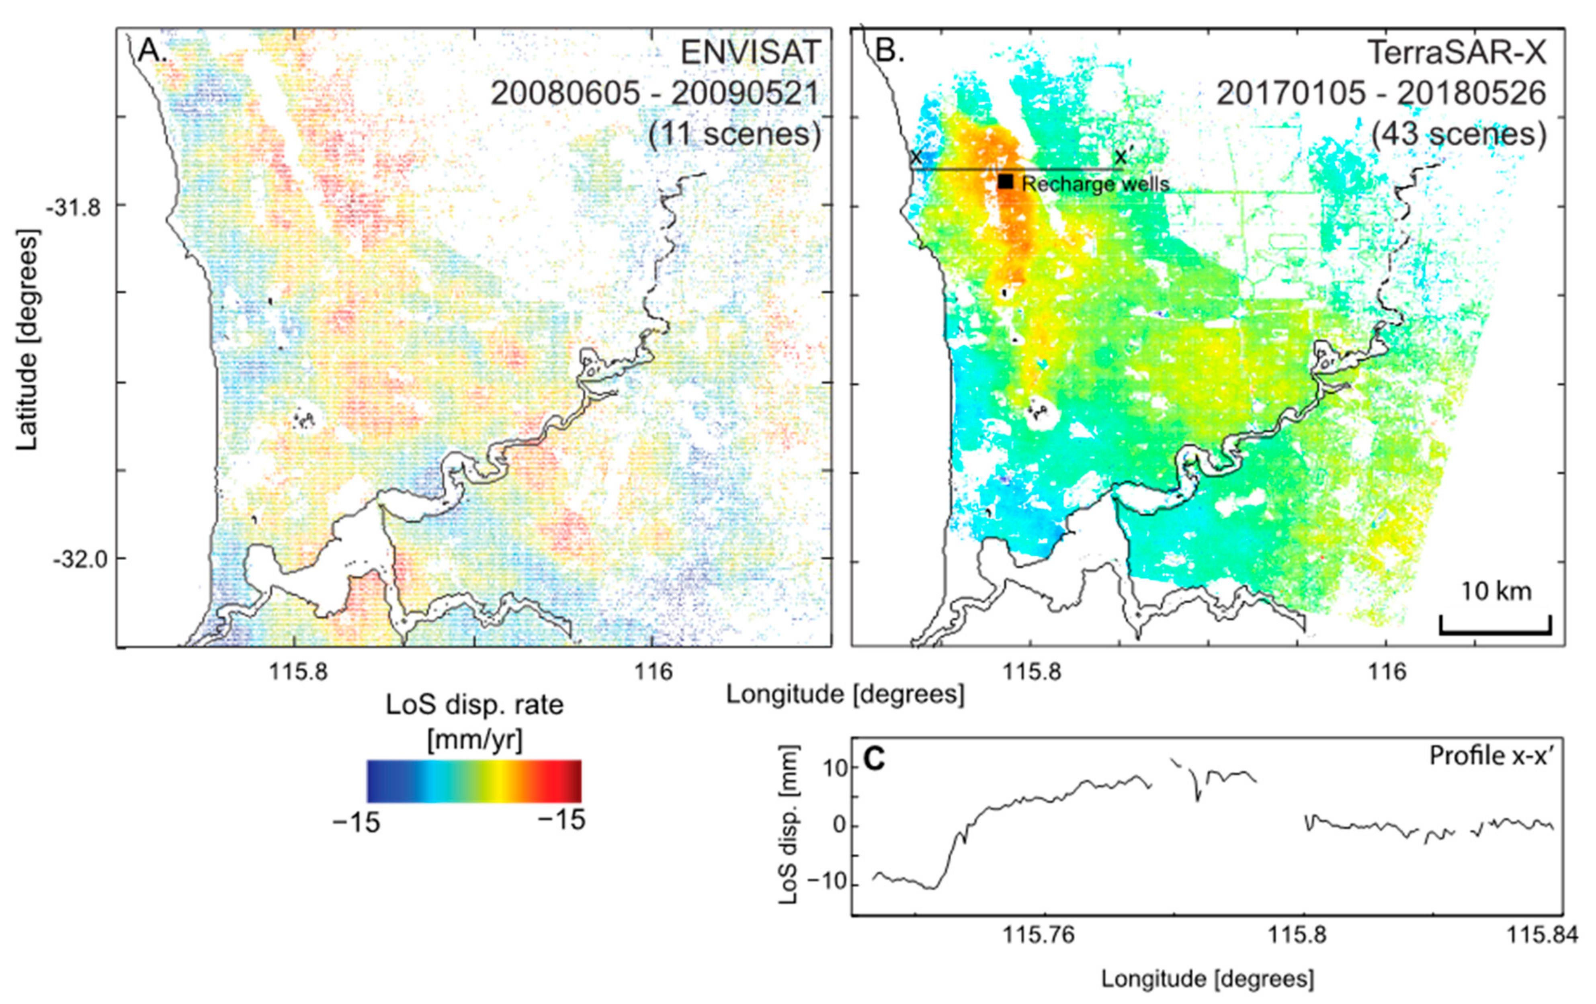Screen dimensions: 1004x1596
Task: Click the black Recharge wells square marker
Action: (x=1006, y=181)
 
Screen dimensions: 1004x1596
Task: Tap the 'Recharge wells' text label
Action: (x=1095, y=184)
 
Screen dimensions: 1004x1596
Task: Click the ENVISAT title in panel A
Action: (x=750, y=53)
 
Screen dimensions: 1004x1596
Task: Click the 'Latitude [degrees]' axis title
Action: (x=28, y=339)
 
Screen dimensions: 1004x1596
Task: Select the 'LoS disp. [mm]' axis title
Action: (x=789, y=824)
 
